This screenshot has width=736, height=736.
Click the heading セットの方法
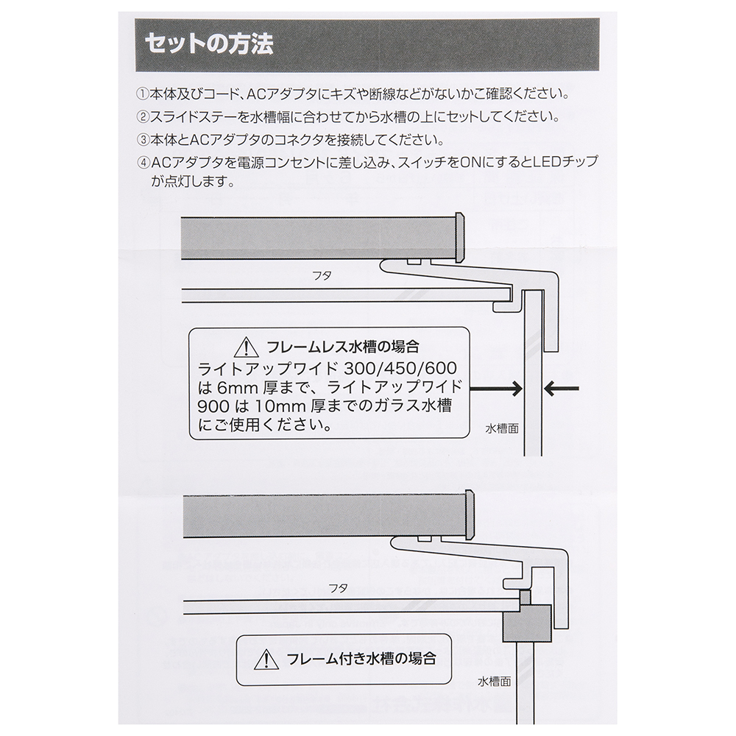[x=208, y=43]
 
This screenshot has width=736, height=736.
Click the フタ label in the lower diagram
[x=338, y=587]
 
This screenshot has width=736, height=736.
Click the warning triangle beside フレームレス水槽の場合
[x=243, y=346]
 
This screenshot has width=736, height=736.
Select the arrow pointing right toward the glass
[x=495, y=386]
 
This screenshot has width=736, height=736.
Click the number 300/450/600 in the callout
[x=399, y=366]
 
